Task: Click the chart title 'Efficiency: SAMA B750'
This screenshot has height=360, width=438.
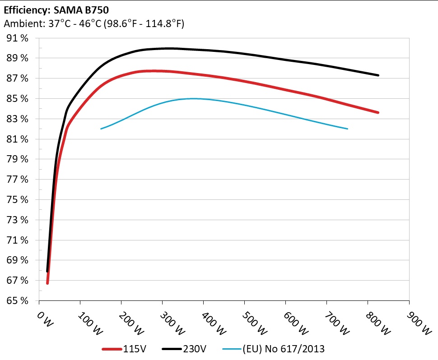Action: pyautogui.click(x=56, y=9)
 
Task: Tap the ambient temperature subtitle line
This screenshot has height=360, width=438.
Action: pyautogui.click(x=94, y=24)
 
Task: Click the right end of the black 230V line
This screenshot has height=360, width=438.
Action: pyautogui.click(x=378, y=75)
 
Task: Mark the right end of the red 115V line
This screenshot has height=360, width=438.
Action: pyautogui.click(x=378, y=112)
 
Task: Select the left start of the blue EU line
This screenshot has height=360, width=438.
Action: pyautogui.click(x=101, y=129)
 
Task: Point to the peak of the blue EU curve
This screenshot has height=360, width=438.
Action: pyautogui.click(x=193, y=98)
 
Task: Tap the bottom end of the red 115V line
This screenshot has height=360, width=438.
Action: pyautogui.click(x=47, y=283)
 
